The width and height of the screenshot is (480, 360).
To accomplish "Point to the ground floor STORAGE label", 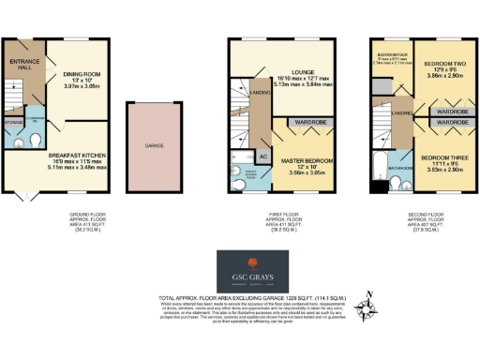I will click(x=12, y=119).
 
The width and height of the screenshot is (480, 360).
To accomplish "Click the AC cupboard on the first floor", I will click(x=263, y=155).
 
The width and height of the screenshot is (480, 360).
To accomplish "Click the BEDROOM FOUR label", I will click(x=392, y=57).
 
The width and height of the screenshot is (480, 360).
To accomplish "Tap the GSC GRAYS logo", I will click(x=246, y=271).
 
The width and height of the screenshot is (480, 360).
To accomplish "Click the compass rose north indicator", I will click(x=374, y=307).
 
